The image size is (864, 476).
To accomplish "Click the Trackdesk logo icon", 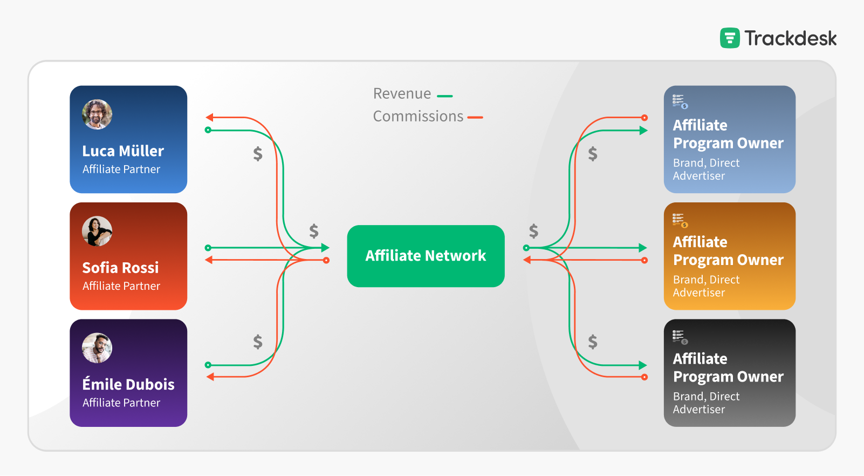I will point(730,38).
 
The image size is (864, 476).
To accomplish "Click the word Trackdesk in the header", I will point(791,38).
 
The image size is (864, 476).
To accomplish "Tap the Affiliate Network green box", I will point(426,256).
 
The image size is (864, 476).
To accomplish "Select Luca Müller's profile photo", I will point(97,114).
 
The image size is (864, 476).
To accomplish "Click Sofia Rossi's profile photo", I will point(97,231).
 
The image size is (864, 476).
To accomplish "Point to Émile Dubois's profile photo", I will point(97,348).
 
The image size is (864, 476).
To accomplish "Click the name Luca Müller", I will point(123,151).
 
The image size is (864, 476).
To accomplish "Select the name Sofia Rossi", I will point(120,268).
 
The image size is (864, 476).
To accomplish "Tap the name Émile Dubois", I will point(128,384).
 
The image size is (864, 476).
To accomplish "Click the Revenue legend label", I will point(402,94).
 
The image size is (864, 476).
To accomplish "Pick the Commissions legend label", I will point(418,117).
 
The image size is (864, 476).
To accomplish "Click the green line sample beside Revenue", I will point(445,97).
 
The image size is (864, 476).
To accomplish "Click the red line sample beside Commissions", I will point(475,117).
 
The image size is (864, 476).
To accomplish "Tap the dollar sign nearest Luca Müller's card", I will point(258,154).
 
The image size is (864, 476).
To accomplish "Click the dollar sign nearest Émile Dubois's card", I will point(258,342).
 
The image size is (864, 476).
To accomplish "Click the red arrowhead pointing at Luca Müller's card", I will point(210,117).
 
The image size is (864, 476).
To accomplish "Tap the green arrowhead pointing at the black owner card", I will point(643,365).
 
